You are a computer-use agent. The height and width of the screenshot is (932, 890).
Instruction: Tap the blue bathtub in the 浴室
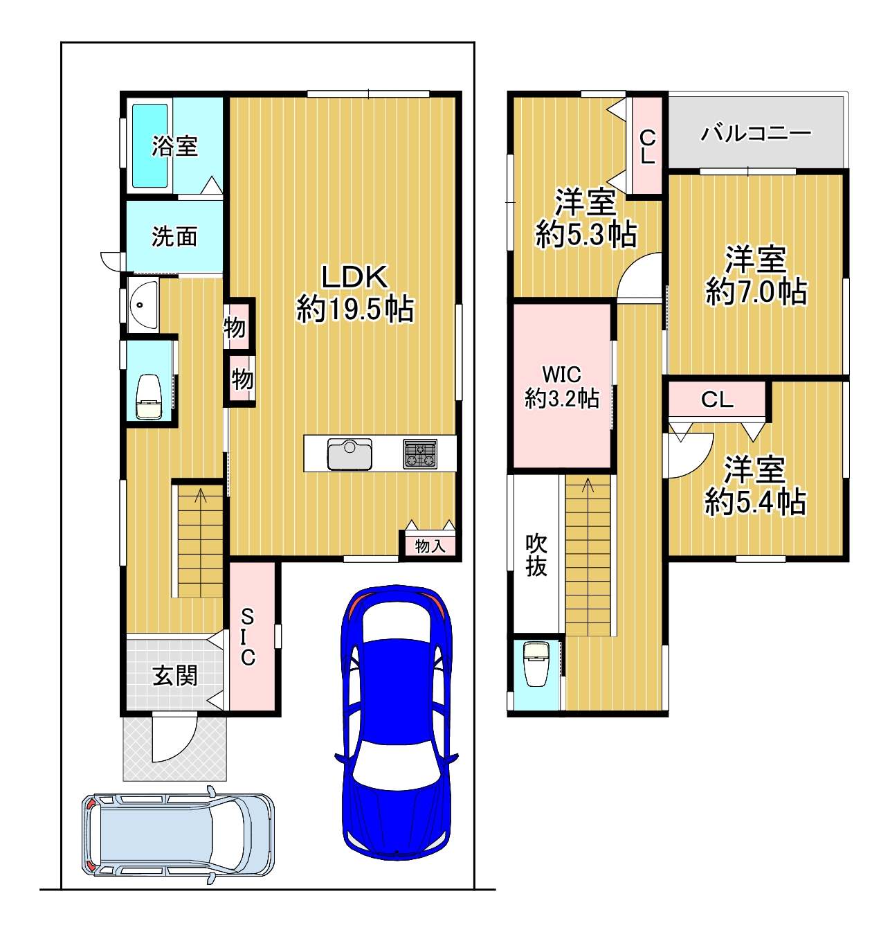coord(150,145)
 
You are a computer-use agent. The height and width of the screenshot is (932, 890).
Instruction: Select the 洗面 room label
coord(174,236)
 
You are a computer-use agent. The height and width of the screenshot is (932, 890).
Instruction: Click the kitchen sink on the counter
coord(349,454)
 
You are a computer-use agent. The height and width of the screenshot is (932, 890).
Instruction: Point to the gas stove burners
coord(420,454)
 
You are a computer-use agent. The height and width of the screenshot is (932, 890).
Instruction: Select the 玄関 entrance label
coord(174,676)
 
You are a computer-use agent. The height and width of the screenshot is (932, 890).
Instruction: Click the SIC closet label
coord(247,636)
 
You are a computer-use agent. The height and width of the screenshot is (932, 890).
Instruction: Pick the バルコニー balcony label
coord(756,133)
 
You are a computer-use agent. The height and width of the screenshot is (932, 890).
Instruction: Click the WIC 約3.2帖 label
coord(561,386)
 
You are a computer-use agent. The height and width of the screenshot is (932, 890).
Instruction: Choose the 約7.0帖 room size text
coord(756,291)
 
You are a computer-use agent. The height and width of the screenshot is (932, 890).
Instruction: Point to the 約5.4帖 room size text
coord(755,501)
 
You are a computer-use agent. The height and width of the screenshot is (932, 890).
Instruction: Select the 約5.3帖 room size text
coord(586,234)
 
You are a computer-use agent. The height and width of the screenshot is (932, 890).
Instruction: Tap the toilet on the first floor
coord(148,397)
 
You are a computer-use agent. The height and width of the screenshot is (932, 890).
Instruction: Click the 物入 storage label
coord(430,545)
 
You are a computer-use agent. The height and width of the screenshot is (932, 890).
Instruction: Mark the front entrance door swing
coord(174,736)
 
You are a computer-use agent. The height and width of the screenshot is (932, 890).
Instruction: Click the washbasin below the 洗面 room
coord(143,305)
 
